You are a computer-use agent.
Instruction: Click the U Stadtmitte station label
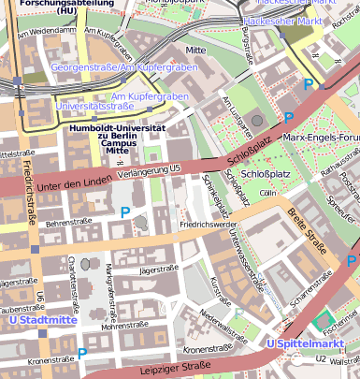[42, 320]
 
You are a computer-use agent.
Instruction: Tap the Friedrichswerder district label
[208, 225]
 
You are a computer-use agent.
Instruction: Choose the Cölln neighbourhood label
[268, 192]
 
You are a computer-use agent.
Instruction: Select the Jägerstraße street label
[158, 269]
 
